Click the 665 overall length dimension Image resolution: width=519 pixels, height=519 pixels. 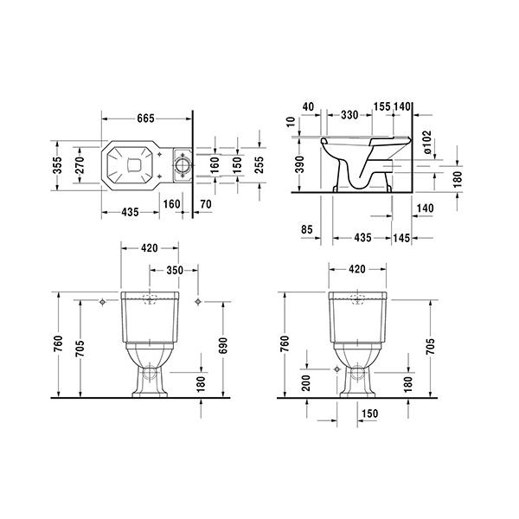point(145,119)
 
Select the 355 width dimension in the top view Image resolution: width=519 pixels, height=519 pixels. point(57,165)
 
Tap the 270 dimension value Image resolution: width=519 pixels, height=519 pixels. point(80,165)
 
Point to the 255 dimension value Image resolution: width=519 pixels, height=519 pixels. point(259,164)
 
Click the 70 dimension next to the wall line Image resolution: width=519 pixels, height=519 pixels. point(206,204)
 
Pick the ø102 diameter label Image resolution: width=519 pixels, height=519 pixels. point(427,142)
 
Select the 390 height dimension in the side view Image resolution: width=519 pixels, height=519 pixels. point(299,164)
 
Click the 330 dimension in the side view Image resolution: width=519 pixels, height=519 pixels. point(349,115)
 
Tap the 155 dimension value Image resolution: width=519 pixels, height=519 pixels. point(382,106)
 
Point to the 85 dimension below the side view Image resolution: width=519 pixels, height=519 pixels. point(307,229)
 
